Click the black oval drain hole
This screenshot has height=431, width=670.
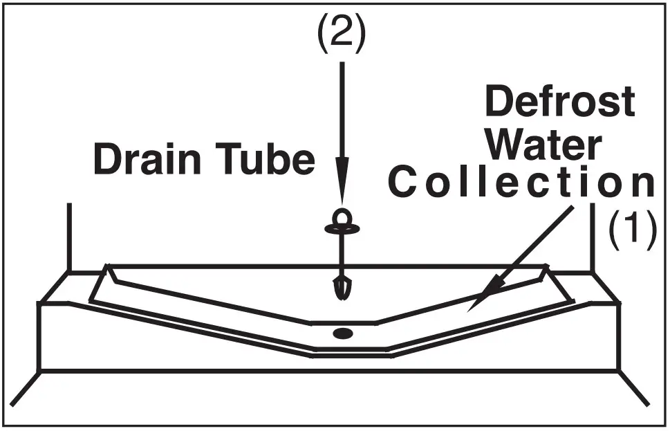[x=342, y=333]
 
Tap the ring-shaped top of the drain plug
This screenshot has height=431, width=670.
[x=342, y=219]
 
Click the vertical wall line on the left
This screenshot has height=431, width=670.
[x=68, y=235]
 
